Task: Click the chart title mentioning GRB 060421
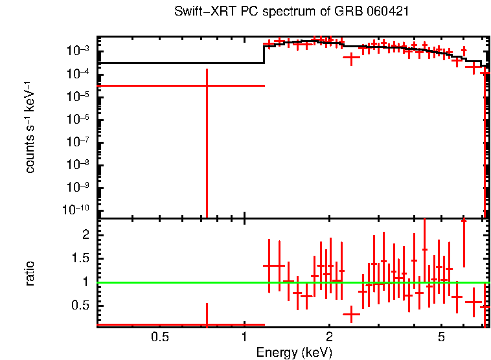pyautogui.click(x=291, y=12)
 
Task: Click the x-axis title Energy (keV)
pyautogui.click(x=294, y=352)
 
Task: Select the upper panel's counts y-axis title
pyautogui.click(x=30, y=127)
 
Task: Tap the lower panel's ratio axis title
pyautogui.click(x=30, y=274)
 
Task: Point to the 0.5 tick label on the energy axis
pyautogui.click(x=159, y=337)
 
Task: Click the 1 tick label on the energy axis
pyautogui.click(x=244, y=337)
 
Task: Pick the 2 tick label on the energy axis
pyautogui.click(x=329, y=337)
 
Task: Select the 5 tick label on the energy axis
pyautogui.click(x=441, y=337)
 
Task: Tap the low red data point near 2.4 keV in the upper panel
pyautogui.click(x=351, y=58)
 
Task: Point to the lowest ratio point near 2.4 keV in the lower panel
pyautogui.click(x=351, y=315)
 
